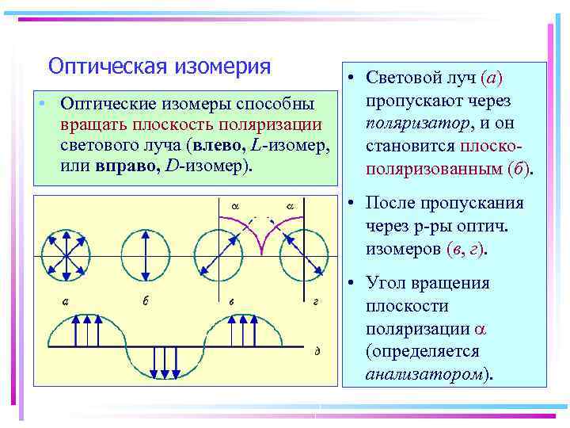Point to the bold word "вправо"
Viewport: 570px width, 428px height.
coord(121,165)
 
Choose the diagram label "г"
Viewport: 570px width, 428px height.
coord(315,301)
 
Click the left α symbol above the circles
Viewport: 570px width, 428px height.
coord(235,206)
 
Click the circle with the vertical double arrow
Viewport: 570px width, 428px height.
coord(146,256)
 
